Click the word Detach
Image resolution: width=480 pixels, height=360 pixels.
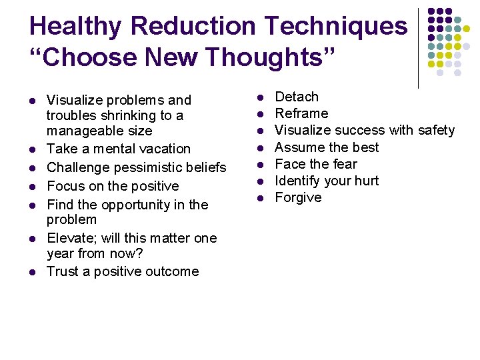(297, 97)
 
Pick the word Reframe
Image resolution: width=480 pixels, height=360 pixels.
(301, 114)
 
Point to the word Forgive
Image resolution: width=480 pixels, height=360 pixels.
(298, 198)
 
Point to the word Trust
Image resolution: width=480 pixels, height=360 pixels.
(62, 271)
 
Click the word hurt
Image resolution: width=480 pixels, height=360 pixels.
(366, 181)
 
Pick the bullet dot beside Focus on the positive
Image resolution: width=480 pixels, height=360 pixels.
(31, 187)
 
